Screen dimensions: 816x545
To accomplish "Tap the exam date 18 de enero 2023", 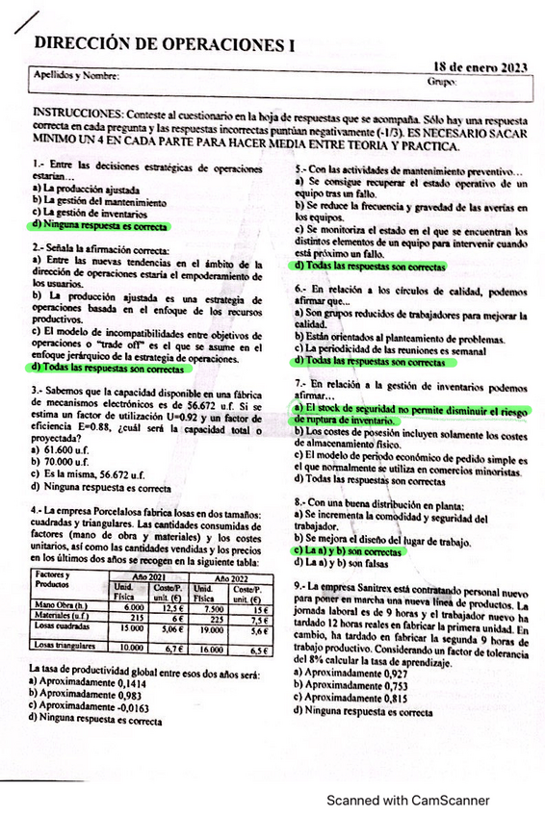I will click(x=480, y=67).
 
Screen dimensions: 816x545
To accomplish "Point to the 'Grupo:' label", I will click(x=437, y=83).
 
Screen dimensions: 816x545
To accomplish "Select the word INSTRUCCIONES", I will click(x=76, y=114).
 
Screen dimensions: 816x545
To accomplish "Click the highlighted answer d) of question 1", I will click(x=98, y=225).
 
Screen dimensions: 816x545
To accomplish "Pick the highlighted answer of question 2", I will click(x=107, y=368).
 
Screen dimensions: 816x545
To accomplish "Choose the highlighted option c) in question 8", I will click(x=349, y=552).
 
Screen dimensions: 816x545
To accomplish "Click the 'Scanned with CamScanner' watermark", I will click(x=406, y=800).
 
